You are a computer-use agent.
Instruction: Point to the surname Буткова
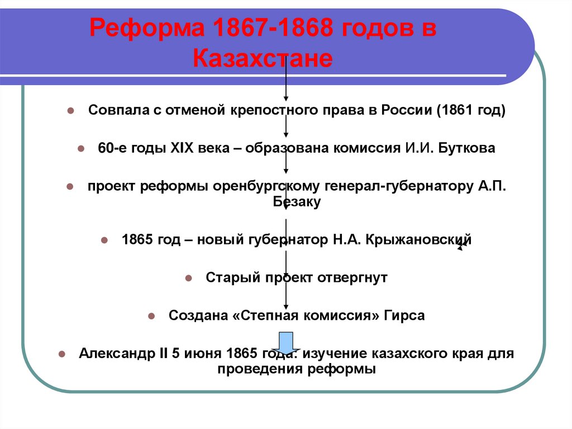(462, 148)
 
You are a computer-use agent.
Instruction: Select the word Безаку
(297, 202)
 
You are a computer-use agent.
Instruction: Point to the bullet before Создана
(151, 316)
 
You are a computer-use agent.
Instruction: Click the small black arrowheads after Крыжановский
(463, 244)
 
